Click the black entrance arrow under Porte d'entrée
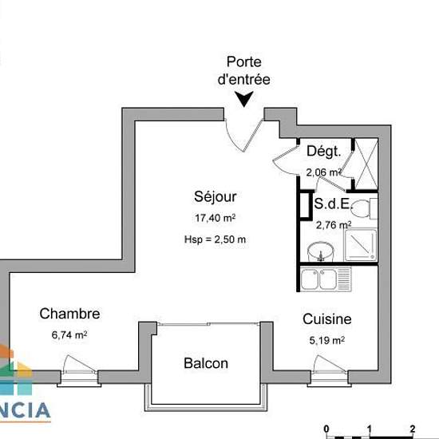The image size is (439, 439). click(244, 98)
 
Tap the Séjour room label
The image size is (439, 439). click(216, 197)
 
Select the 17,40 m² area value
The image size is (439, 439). click(216, 218)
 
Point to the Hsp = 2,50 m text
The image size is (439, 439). click(215, 239)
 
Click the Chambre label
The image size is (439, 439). click(69, 314)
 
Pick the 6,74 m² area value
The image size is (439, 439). click(69, 335)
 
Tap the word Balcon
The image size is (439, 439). click(206, 363)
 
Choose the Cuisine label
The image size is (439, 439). click(327, 319)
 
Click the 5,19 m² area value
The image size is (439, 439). click(327, 341)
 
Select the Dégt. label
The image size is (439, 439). click(324, 152)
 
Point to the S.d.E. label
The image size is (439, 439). click(332, 204)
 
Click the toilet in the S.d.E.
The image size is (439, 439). click(364, 208)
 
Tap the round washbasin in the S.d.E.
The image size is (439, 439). click(321, 251)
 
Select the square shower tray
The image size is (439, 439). click(361, 245)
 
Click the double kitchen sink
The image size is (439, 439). click(326, 279)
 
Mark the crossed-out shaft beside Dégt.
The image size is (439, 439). click(366, 164)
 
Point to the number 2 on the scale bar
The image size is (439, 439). click(413, 429)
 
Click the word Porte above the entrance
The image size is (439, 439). click(244, 62)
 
